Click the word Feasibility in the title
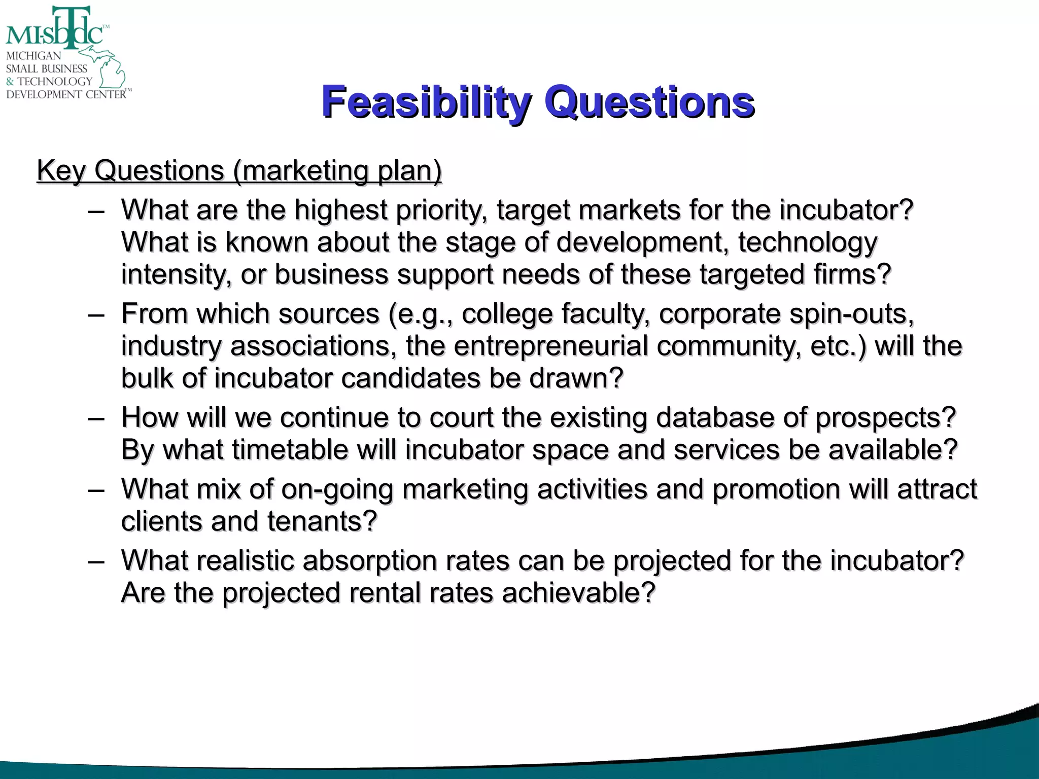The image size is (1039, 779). (426, 102)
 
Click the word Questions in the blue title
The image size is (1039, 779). (649, 102)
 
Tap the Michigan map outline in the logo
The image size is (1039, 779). (109, 68)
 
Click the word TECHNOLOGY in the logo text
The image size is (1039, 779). (55, 81)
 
